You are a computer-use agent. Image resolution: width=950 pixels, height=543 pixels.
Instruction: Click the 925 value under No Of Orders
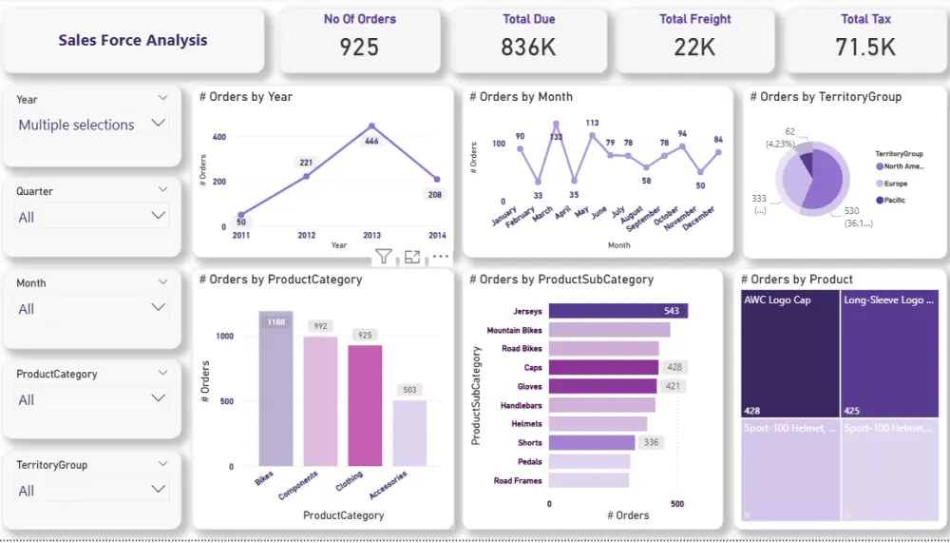(359, 47)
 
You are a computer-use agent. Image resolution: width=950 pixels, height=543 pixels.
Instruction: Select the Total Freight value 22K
(694, 47)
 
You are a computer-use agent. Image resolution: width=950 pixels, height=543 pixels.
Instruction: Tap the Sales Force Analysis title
(132, 40)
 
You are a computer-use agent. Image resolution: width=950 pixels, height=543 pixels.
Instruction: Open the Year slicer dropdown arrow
(158, 124)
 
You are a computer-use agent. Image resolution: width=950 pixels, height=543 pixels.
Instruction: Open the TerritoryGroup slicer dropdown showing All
(158, 490)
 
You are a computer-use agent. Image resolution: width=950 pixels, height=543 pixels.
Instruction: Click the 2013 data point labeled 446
(371, 126)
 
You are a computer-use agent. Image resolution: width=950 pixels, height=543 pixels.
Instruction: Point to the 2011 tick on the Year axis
(241, 235)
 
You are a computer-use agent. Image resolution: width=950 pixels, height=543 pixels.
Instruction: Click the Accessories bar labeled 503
(409, 433)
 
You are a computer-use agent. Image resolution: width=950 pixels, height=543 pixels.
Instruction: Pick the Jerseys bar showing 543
(617, 311)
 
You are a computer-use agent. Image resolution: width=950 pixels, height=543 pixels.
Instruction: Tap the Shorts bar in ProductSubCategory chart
(591, 442)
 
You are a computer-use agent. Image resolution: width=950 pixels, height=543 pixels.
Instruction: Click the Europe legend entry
(895, 184)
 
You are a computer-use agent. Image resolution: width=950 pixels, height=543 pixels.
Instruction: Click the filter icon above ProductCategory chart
(383, 256)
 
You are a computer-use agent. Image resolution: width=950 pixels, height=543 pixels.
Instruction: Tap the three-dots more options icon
(441, 256)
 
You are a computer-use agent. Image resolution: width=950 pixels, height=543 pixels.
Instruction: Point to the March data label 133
(557, 137)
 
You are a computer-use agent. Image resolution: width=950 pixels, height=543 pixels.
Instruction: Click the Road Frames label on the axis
(518, 481)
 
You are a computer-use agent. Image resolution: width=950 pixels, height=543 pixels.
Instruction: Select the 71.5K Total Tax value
(866, 47)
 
